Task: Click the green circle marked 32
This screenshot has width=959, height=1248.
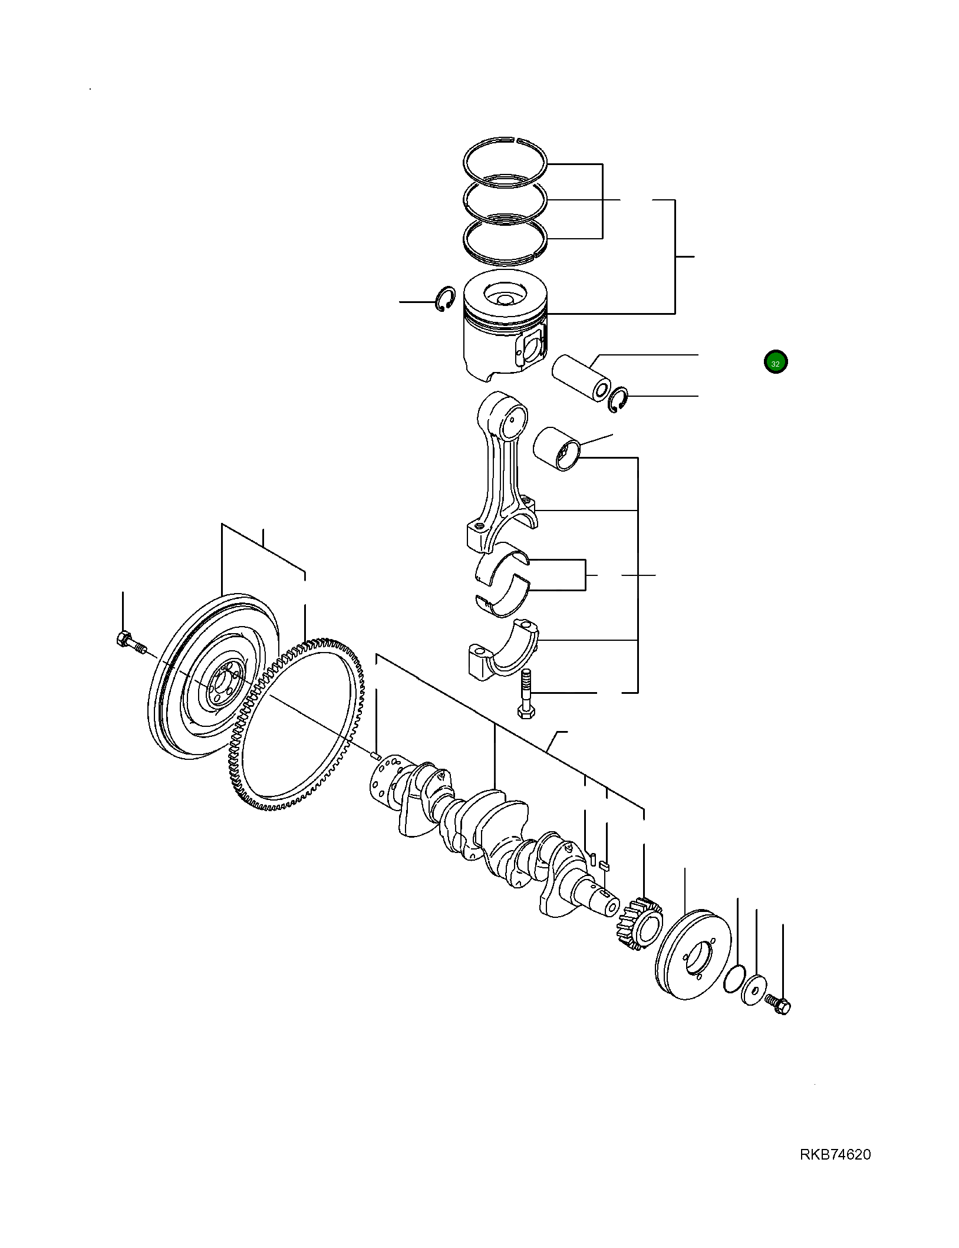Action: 775,363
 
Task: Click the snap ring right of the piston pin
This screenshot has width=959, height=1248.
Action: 618,400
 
